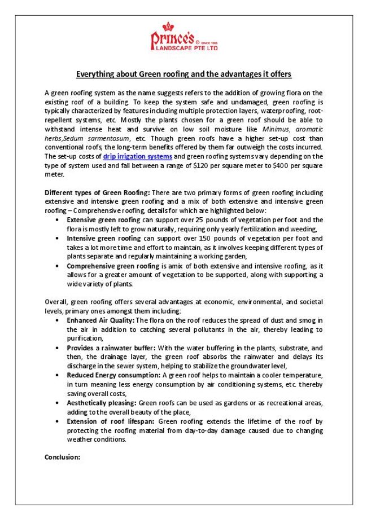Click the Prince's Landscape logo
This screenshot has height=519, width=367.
(183, 40)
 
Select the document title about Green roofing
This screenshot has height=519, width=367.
(183, 74)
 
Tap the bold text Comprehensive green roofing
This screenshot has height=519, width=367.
(105, 266)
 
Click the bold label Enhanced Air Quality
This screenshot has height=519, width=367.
(97, 320)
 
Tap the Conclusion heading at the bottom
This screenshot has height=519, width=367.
(63, 457)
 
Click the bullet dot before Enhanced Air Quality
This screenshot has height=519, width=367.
(59, 320)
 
